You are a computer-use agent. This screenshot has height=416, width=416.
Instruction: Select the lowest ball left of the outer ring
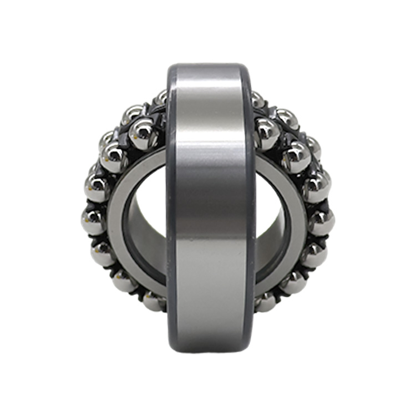coord(154,301)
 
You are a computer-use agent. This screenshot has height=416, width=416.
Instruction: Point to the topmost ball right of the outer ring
coord(256,100)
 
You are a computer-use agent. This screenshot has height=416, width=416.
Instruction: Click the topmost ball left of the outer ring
coord(161,98)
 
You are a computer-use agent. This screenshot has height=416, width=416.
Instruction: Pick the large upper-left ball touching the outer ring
coord(143,134)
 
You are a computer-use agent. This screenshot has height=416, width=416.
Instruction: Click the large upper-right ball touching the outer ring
coord(267,134)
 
